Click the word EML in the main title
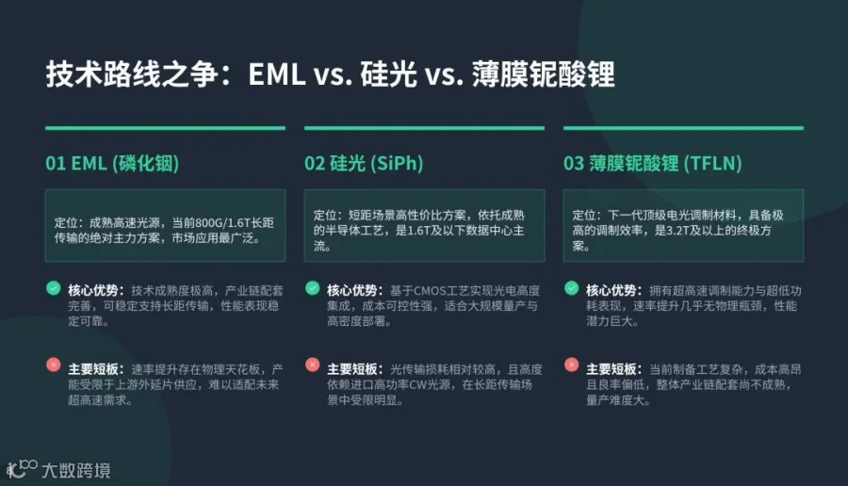pyautogui.click(x=277, y=74)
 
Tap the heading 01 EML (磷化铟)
pyautogui.click(x=112, y=163)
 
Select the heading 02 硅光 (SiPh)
pyautogui.click(x=364, y=163)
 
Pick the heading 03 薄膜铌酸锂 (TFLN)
pyautogui.click(x=652, y=163)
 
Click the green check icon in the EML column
pyautogui.click(x=53, y=288)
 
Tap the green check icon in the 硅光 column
pyautogui.click(x=312, y=288)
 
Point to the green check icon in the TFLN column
pyautogui.click(x=572, y=288)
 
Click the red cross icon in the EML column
pyautogui.click(x=53, y=364)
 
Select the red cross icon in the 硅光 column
pyautogui.click(x=312, y=364)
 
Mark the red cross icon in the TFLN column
pyautogui.click(x=572, y=364)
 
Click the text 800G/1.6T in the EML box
pyautogui.click(x=222, y=223)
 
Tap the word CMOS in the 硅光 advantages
pyautogui.click(x=430, y=291)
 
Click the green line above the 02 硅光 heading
pyautogui.click(x=424, y=128)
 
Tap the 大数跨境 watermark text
pyautogui.click(x=76, y=470)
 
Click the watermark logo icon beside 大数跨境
pyautogui.click(x=22, y=469)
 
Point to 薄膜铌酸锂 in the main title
pyautogui.click(x=543, y=74)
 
